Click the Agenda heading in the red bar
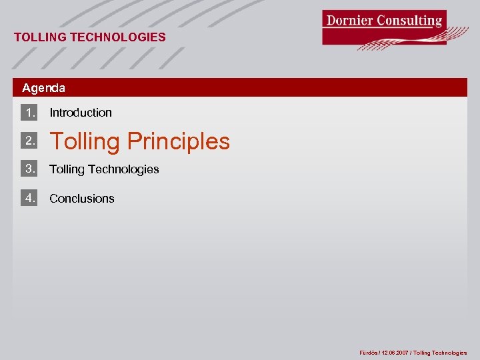pyautogui.click(x=43, y=88)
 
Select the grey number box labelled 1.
pyautogui.click(x=29, y=112)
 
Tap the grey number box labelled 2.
pyautogui.click(x=29, y=141)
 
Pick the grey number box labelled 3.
pyautogui.click(x=29, y=169)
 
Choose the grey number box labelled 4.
pyautogui.click(x=29, y=197)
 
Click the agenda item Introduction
pyautogui.click(x=81, y=113)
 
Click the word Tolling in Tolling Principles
pyautogui.click(x=85, y=141)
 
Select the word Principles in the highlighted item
pyautogui.click(x=178, y=141)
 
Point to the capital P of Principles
pyautogui.click(x=134, y=141)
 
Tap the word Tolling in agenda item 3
pyautogui.click(x=67, y=169)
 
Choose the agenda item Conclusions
pyautogui.click(x=82, y=199)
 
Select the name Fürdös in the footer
pyautogui.click(x=369, y=353)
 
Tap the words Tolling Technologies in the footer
pyautogui.click(x=440, y=353)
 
